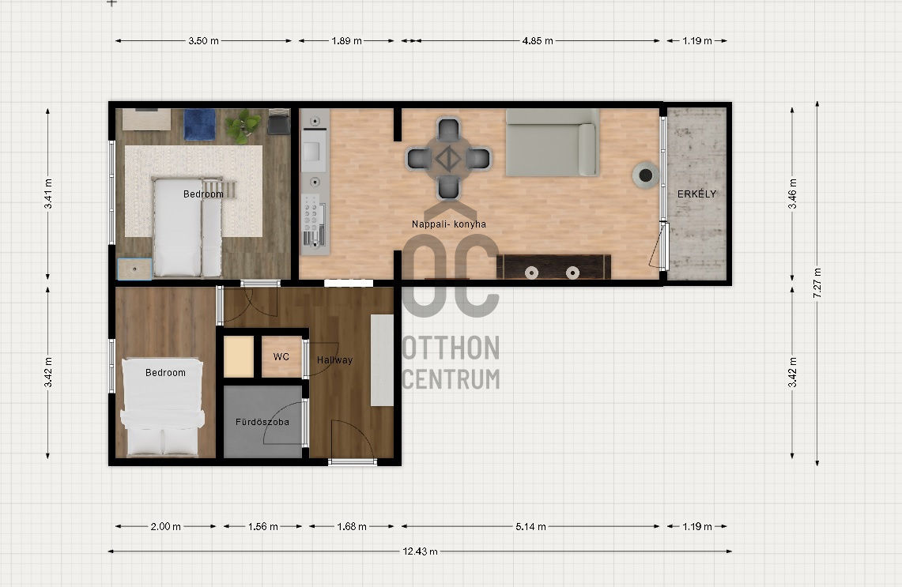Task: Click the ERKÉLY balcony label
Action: (696, 194)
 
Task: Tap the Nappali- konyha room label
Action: (449, 224)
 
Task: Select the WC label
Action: (281, 356)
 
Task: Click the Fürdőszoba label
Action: (262, 422)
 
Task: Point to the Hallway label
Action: (335, 360)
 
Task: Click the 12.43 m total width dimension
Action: (420, 551)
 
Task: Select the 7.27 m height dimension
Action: (817, 283)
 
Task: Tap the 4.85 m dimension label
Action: (538, 41)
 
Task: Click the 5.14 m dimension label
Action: (530, 526)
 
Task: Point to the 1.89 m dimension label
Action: (346, 41)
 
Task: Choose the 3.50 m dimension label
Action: (204, 41)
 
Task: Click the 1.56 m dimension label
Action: (263, 526)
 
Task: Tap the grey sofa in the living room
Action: (553, 142)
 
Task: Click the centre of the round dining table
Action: (448, 159)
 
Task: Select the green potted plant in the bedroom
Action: (243, 126)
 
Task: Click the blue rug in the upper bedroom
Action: (200, 124)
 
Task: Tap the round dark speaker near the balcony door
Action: (645, 176)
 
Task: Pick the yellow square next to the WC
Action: (238, 356)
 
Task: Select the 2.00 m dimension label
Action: (166, 526)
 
